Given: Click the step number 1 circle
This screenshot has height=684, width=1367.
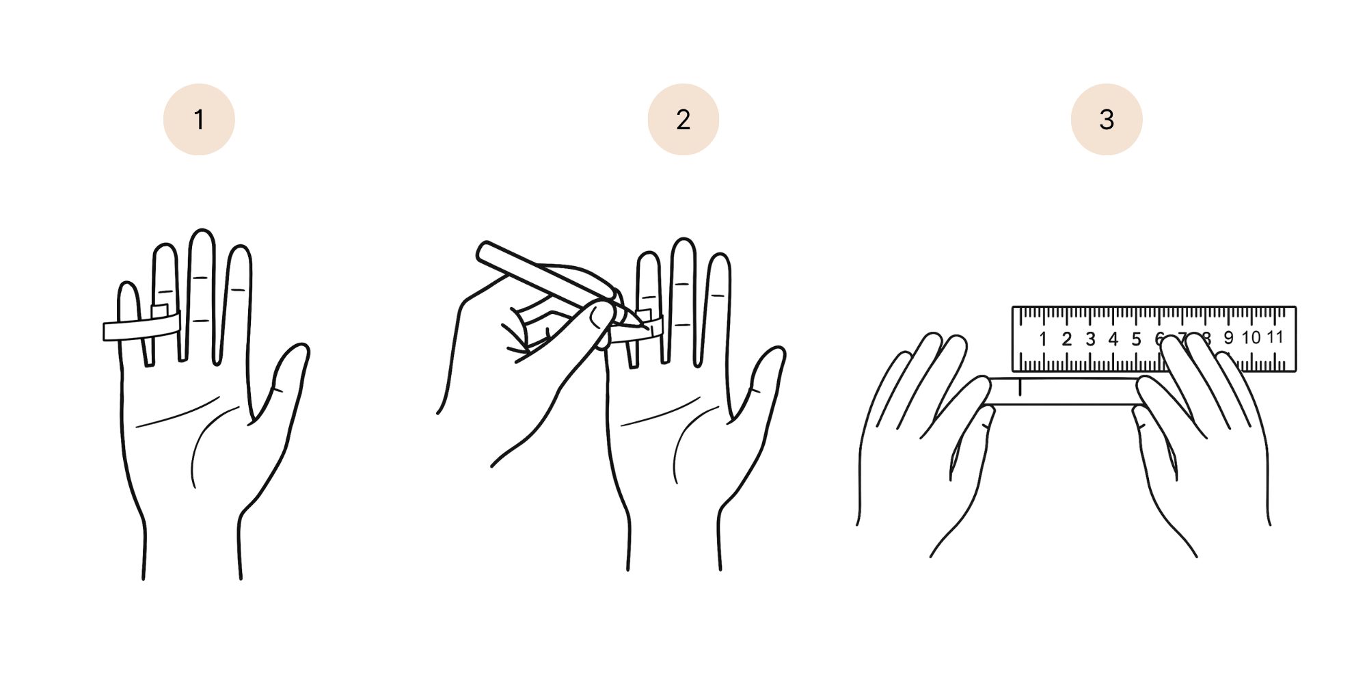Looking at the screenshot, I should tap(199, 120).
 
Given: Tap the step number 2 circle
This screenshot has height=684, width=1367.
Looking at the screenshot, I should tap(683, 120).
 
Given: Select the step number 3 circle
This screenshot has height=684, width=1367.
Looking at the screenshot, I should tap(1107, 120).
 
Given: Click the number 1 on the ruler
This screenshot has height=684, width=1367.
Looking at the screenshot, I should tap(1043, 339).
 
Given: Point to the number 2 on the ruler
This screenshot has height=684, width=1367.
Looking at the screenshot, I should tap(1066, 339).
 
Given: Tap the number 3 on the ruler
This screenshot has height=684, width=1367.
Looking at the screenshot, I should tap(1090, 339).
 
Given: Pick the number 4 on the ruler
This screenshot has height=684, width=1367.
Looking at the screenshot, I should tap(1113, 339).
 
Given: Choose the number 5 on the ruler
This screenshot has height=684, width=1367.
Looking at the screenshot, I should tap(1136, 339).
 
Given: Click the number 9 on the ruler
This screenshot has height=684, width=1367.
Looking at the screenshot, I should tap(1228, 338).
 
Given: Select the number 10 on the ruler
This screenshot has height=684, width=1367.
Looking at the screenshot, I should tap(1251, 338).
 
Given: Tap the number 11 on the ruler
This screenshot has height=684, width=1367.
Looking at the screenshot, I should tap(1275, 337).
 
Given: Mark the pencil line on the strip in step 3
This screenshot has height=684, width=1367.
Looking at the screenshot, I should tap(1020, 388).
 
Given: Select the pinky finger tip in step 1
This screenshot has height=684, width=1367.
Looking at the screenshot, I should tap(128, 287).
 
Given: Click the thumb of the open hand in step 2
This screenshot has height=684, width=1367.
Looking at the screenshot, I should tap(767, 373).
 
